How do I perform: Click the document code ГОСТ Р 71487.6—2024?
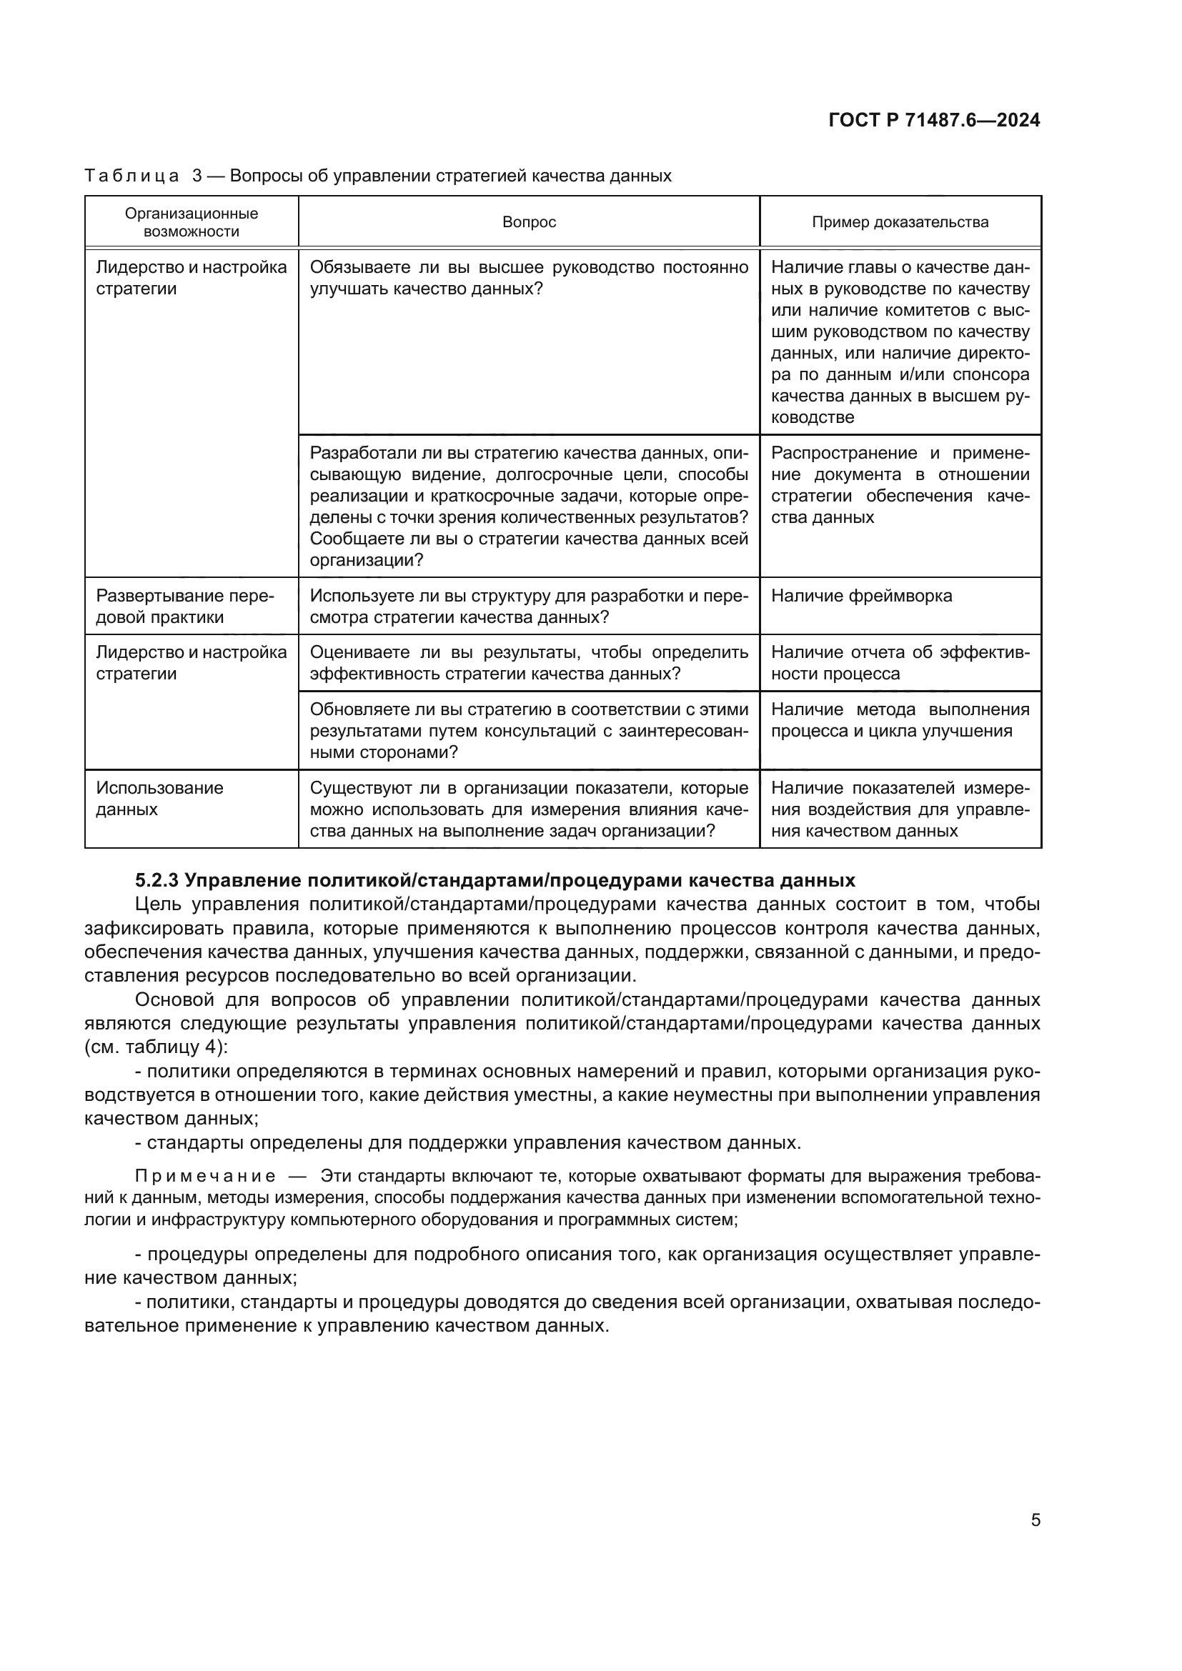click(934, 120)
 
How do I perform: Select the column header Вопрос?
click(529, 222)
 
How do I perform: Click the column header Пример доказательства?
click(900, 222)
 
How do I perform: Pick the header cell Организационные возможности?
click(192, 223)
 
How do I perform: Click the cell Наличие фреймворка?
click(861, 596)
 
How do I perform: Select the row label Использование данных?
click(159, 799)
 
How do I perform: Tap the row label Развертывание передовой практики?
click(185, 607)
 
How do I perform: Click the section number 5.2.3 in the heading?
click(157, 881)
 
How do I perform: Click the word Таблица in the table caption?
click(131, 176)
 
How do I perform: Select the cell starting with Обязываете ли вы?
click(529, 278)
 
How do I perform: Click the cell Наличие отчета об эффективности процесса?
click(900, 663)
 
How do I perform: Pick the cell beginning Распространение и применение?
click(900, 484)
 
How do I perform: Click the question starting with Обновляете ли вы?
click(529, 731)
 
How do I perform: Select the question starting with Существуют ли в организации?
click(529, 809)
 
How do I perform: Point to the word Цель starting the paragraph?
click(157, 904)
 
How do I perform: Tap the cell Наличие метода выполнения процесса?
click(900, 720)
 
